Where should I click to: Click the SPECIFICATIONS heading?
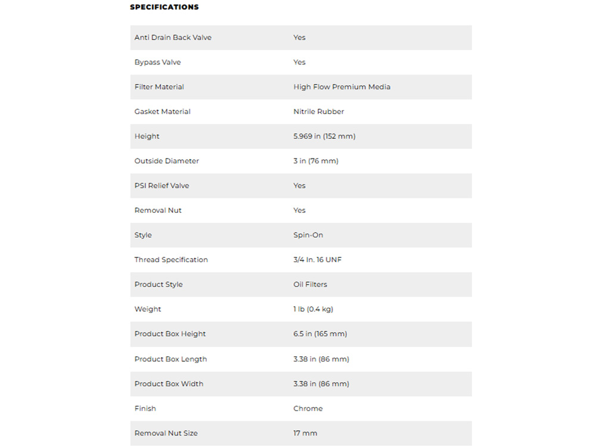[164, 7]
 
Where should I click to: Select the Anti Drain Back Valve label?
[173, 38]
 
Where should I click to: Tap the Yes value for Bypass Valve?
[299, 62]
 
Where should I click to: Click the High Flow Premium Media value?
[342, 87]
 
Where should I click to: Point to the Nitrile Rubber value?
[318, 111]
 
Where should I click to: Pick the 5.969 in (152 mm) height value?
[324, 136]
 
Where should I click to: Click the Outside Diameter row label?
[166, 161]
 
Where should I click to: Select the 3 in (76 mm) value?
[315, 161]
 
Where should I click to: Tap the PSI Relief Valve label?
[162, 186]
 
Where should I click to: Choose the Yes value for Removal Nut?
[299, 210]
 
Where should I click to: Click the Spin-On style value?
[308, 235]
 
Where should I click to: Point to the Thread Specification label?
[171, 260]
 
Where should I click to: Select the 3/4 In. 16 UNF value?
[318, 260]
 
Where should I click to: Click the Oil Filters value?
[310, 285]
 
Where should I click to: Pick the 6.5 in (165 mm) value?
[320, 334]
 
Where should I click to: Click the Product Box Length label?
[170, 359]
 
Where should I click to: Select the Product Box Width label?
[169, 384]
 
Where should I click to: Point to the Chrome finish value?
[308, 409]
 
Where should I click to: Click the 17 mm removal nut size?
[305, 433]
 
